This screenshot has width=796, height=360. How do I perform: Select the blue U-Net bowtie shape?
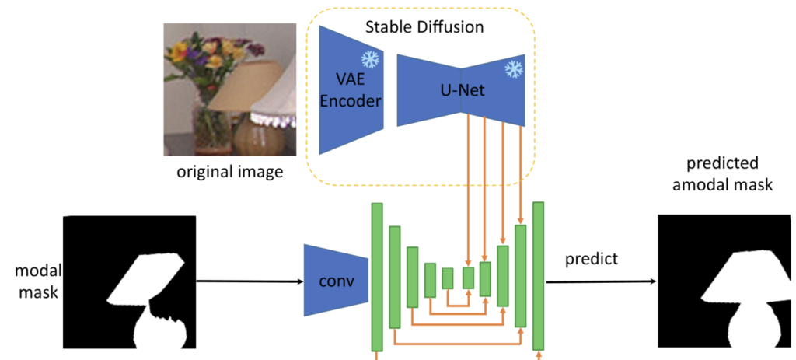click(x=460, y=90)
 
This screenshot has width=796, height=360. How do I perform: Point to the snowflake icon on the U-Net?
click(x=513, y=69)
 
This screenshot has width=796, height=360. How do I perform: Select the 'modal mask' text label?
click(x=30, y=282)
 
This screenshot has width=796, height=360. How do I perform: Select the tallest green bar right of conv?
click(x=378, y=277)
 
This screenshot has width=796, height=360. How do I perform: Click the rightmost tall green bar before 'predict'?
click(x=537, y=277)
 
